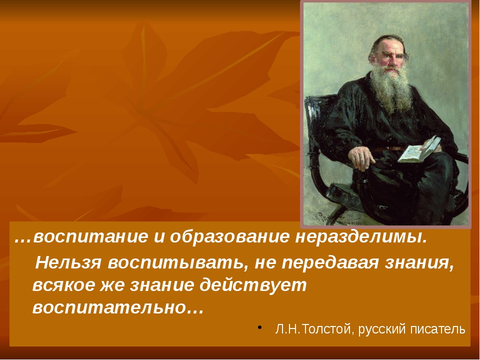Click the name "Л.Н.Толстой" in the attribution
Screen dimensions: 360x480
[304, 329]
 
